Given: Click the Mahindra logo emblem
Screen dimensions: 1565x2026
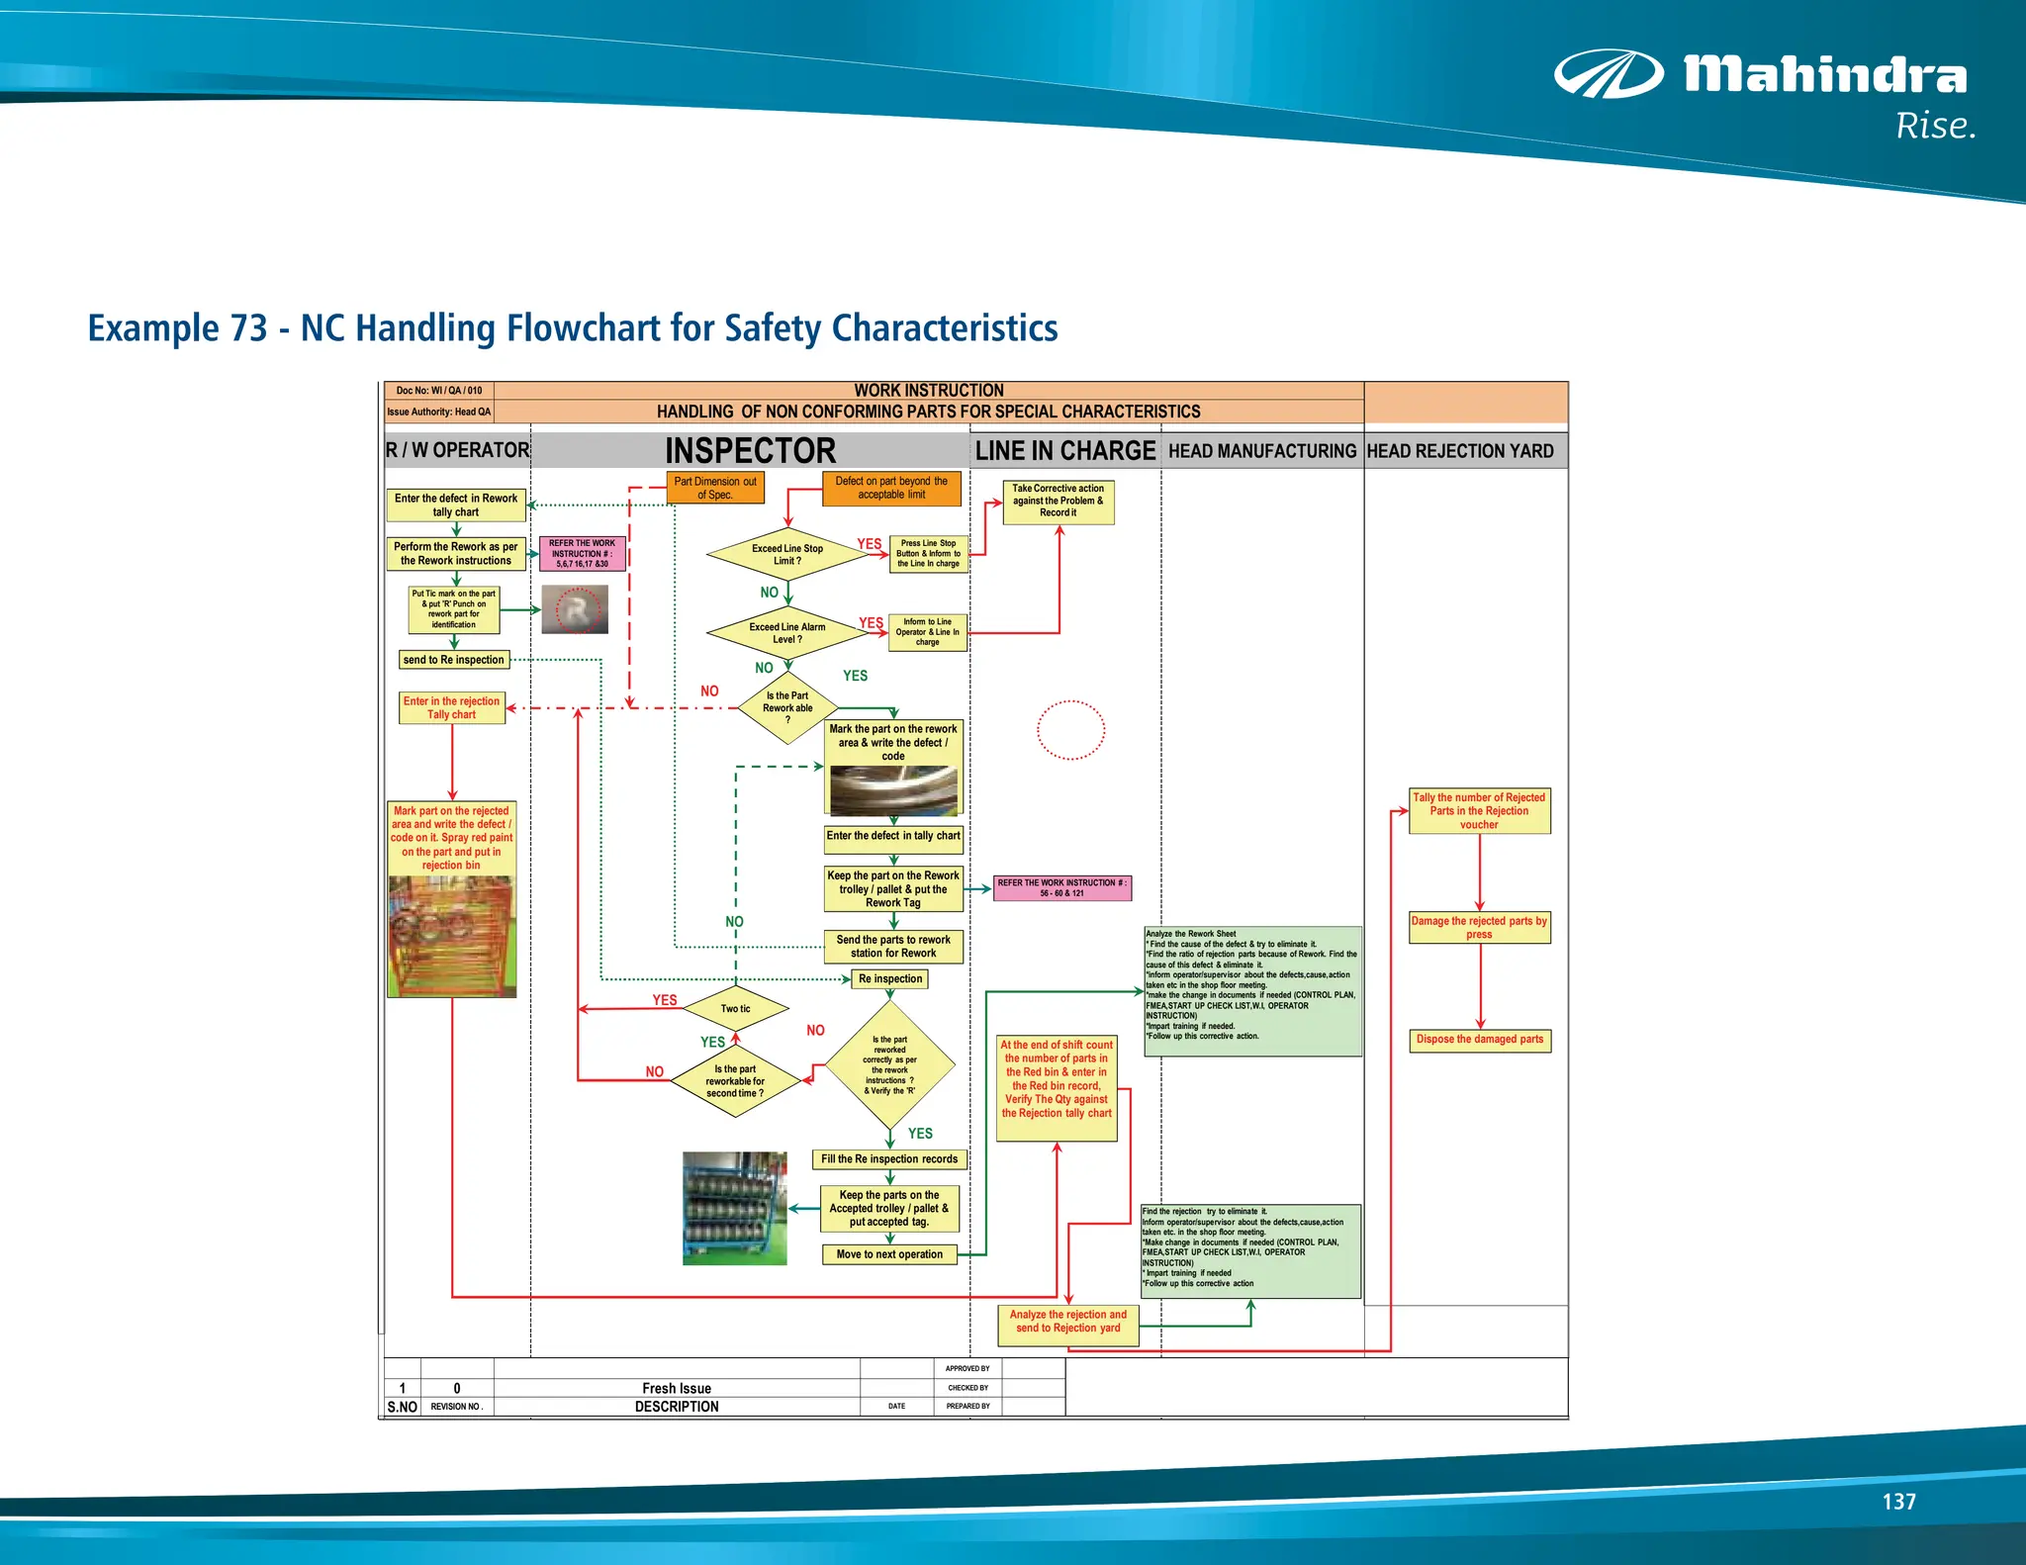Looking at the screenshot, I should click(1609, 75).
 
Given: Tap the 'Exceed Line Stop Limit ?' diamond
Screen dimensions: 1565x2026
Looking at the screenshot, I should click(787, 554).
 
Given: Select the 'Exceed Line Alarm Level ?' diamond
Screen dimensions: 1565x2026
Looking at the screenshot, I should click(787, 633).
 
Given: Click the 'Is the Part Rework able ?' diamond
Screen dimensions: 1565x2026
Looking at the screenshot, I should click(788, 707).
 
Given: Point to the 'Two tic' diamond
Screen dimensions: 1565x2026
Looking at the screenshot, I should click(735, 1009).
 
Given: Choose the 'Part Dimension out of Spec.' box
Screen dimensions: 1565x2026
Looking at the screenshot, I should click(714, 488).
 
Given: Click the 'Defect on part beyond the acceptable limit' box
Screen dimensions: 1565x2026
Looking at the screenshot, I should click(891, 488).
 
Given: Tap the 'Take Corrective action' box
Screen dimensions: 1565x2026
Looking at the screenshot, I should click(1058, 501).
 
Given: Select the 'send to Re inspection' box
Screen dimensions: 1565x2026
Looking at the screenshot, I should click(454, 660).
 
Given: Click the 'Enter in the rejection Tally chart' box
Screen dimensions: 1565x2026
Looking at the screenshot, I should click(451, 707).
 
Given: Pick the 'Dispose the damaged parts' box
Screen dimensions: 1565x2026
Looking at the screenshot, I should click(1479, 1040).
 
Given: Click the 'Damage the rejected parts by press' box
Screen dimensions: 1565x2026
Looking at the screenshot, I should click(1479, 927).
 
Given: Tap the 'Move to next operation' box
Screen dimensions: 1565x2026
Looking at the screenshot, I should click(889, 1254).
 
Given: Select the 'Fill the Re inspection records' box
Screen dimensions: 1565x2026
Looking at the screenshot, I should click(889, 1159).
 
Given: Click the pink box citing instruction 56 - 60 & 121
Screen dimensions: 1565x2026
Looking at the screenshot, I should click(1061, 887).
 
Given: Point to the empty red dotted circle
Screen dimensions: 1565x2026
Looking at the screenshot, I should click(1070, 730).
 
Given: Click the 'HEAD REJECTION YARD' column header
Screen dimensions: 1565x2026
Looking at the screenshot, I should click(1460, 451).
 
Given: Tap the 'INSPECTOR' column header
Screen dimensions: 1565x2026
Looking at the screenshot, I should click(750, 451).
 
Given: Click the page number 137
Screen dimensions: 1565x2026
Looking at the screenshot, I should click(1898, 1502).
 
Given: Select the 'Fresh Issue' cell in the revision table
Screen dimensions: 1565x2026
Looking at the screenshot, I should click(677, 1388).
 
